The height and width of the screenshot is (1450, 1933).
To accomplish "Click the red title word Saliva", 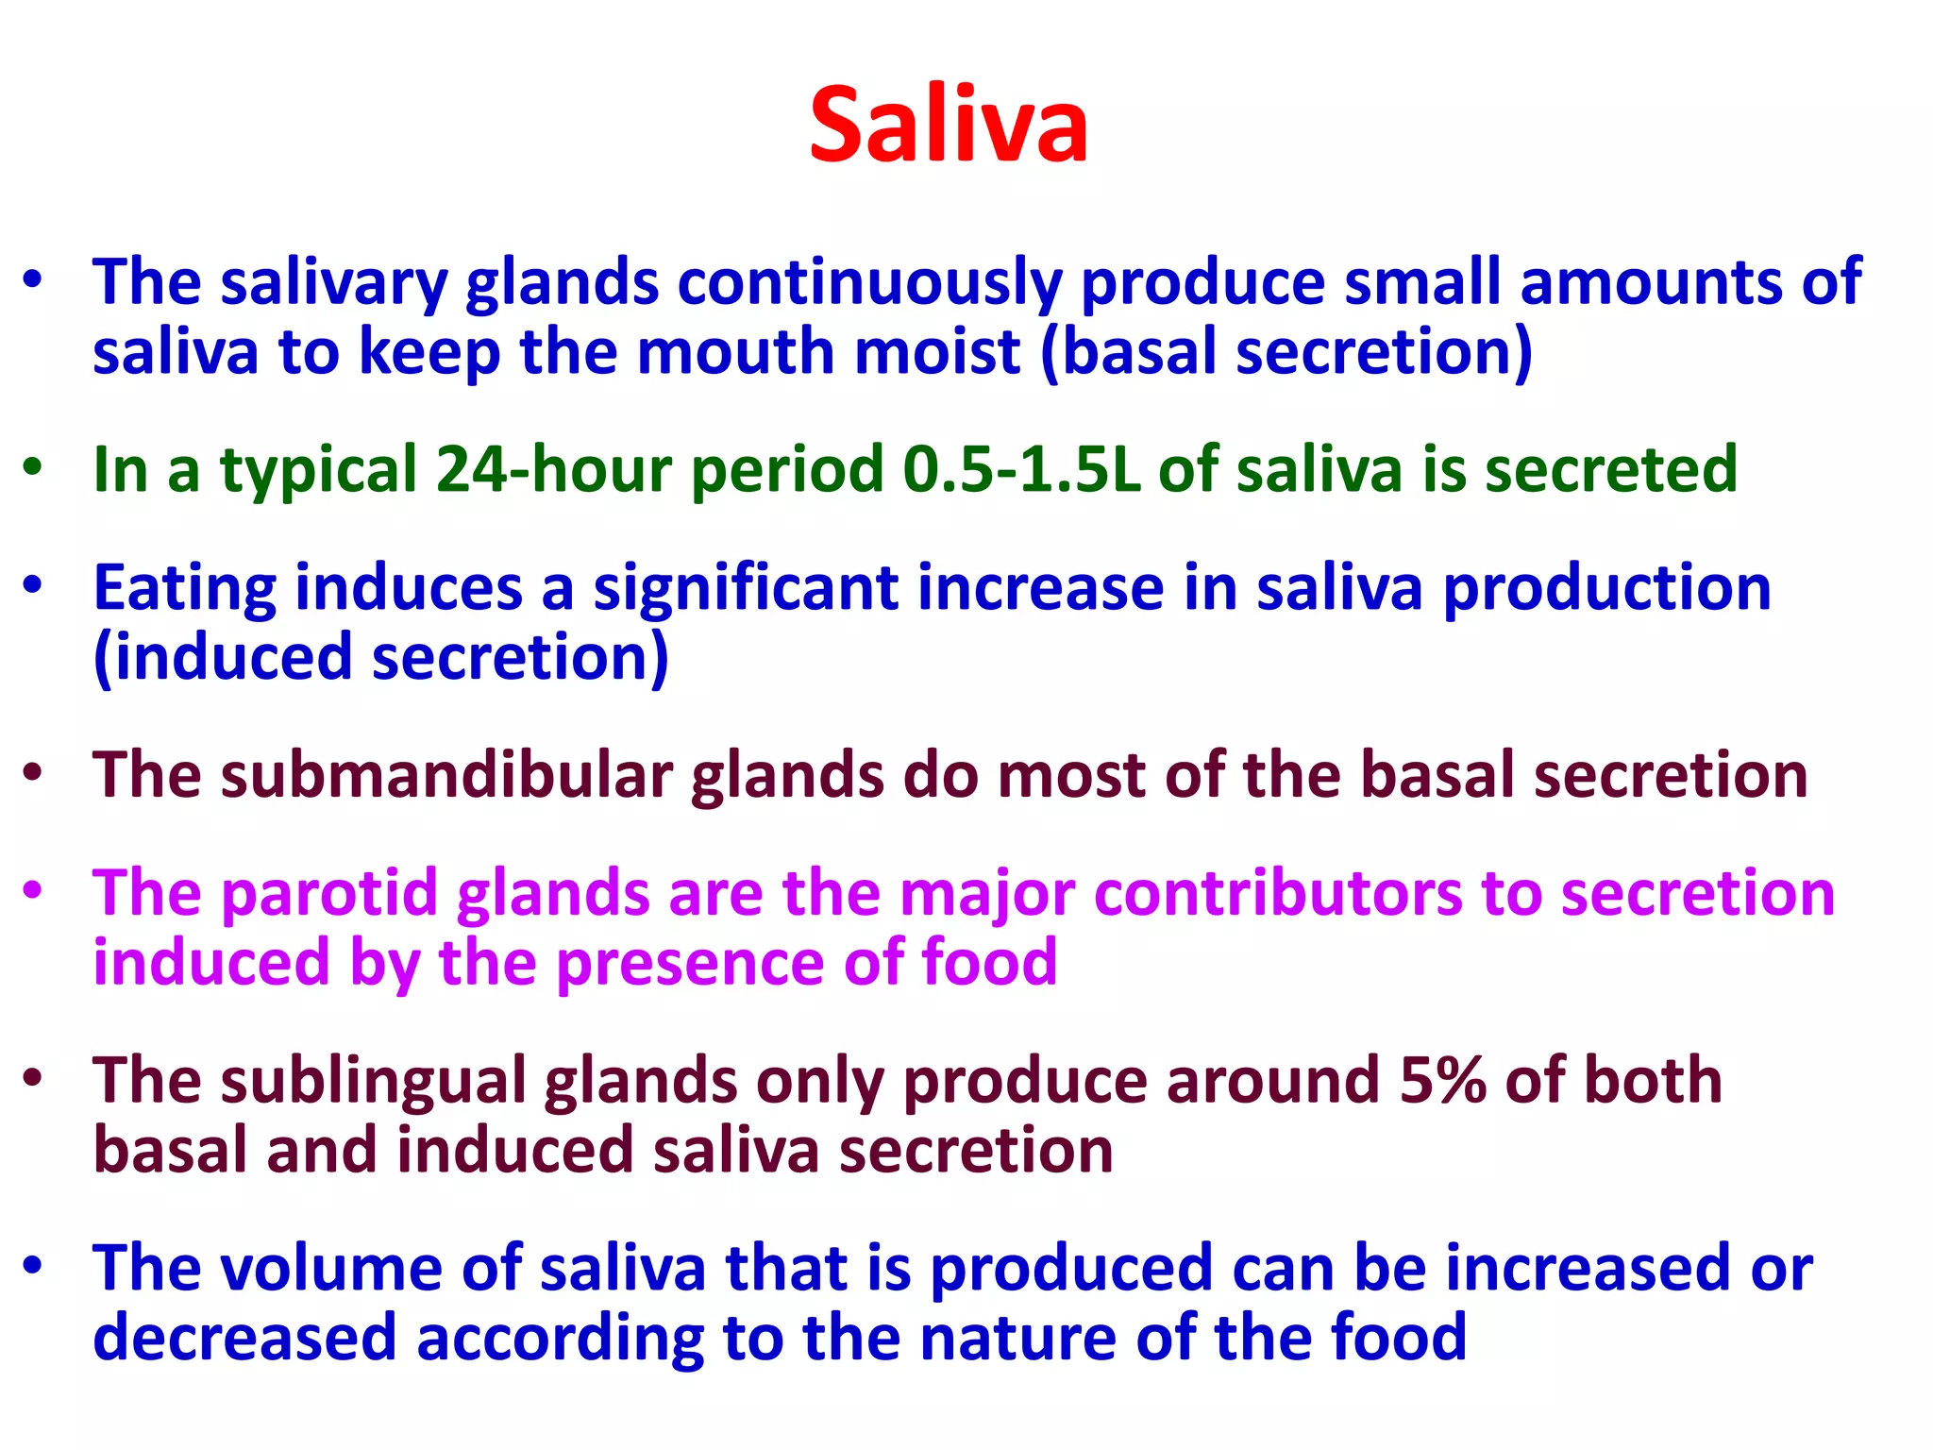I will (949, 126).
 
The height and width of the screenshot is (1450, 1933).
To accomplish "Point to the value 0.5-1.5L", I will (1021, 469).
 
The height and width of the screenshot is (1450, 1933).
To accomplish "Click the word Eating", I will (185, 588).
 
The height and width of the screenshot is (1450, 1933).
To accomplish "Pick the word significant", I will (746, 588).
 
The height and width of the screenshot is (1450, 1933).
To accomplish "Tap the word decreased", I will (244, 1338).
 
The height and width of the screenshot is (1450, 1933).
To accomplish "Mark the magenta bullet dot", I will (34, 889).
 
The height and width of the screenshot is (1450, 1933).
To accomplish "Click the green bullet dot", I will (34, 467).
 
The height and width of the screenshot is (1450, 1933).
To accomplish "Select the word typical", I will (318, 471).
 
